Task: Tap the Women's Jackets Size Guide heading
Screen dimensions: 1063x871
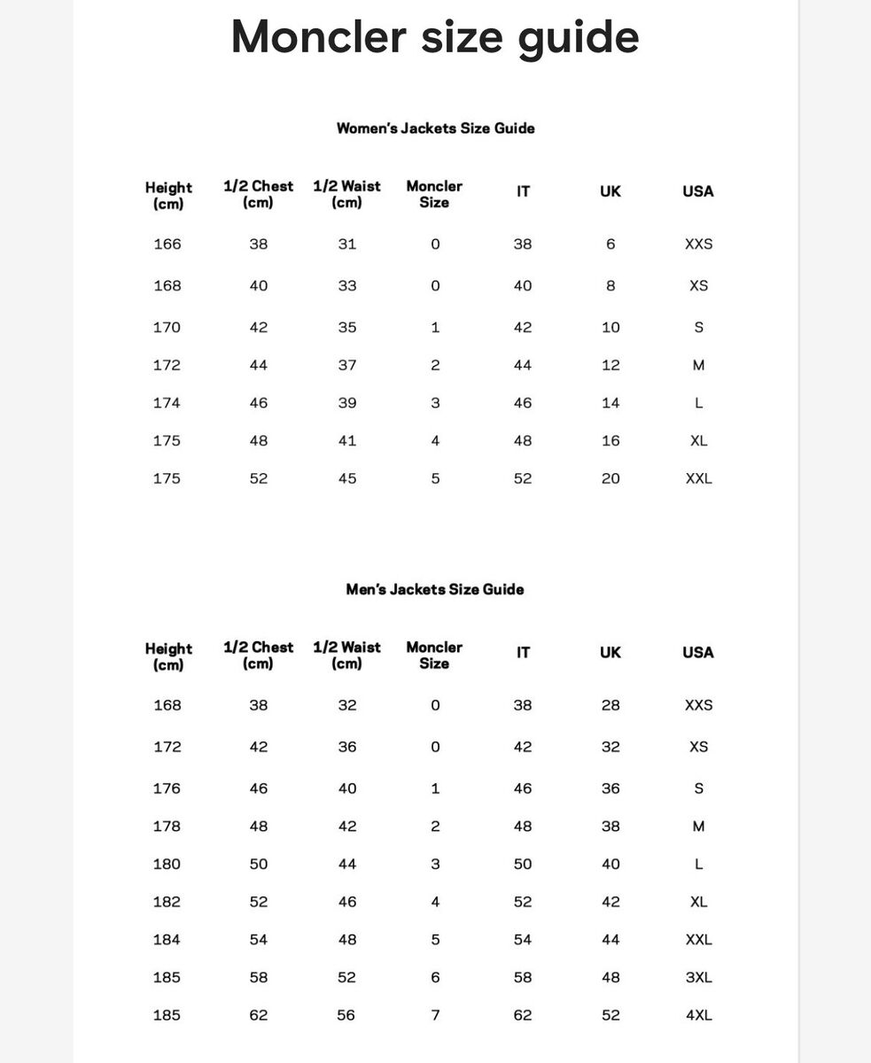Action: [x=435, y=128]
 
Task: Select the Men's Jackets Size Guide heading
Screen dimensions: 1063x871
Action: [x=434, y=589]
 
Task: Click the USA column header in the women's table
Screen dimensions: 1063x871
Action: [x=697, y=191]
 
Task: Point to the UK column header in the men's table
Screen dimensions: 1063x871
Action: [x=610, y=653]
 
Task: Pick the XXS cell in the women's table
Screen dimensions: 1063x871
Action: [x=698, y=244]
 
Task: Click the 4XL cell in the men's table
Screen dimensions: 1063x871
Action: [x=698, y=1015]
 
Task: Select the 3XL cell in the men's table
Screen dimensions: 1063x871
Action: [x=698, y=977]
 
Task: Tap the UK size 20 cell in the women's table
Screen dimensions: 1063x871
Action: [x=610, y=478]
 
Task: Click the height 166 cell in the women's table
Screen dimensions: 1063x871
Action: [x=167, y=244]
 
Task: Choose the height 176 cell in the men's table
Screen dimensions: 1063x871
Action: [x=167, y=788]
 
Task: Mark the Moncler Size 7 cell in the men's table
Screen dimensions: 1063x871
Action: [x=435, y=1015]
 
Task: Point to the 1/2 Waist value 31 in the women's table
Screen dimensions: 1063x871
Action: [x=347, y=244]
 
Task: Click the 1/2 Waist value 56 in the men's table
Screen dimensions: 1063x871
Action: [x=347, y=1015]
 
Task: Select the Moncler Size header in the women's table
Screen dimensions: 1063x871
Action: [x=434, y=194]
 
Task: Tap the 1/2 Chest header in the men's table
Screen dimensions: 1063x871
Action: [x=258, y=656]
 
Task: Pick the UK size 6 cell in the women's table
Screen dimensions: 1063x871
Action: [x=610, y=244]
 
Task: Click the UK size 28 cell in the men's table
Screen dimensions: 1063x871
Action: [x=610, y=705]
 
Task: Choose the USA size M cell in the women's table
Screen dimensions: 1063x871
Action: [x=698, y=365]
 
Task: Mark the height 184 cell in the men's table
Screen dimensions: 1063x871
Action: [x=167, y=939]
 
